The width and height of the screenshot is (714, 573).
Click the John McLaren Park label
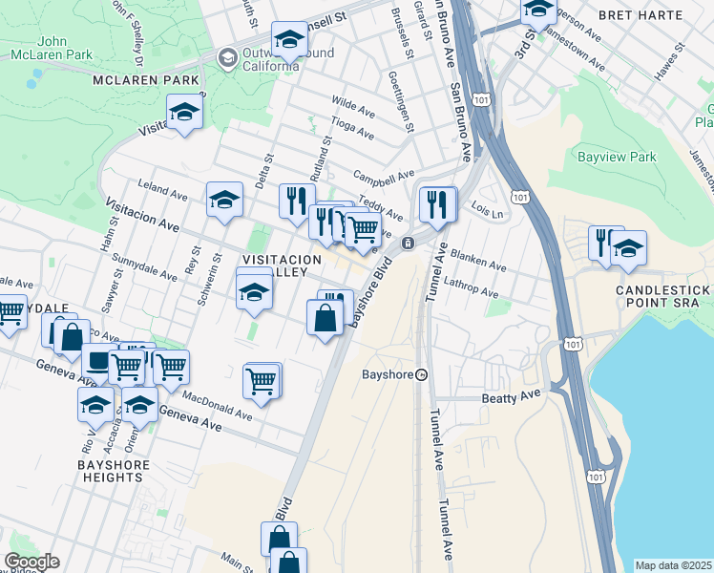pyautogui.click(x=65, y=49)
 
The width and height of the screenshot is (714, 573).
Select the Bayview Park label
pyautogui.click(x=617, y=156)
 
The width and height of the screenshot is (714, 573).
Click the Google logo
pyautogui.click(x=31, y=562)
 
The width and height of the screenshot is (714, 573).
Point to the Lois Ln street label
pyautogui.click(x=487, y=213)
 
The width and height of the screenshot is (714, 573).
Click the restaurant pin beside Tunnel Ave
pyautogui.click(x=437, y=204)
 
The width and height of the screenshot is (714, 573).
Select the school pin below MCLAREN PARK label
pyautogui.click(x=184, y=113)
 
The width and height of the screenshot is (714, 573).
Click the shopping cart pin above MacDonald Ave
pyautogui.click(x=262, y=379)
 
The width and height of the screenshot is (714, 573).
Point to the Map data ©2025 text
pyautogui.click(x=672, y=565)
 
